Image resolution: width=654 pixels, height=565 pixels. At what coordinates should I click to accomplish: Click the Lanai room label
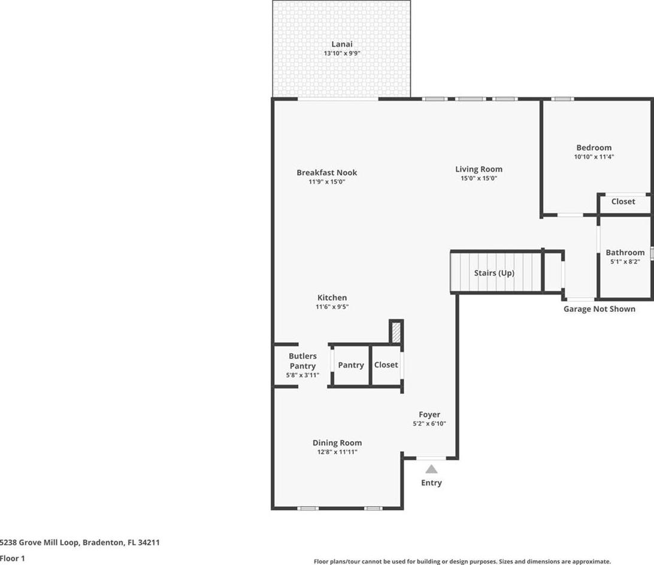(341, 44)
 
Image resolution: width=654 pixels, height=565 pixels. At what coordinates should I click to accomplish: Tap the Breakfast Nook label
(326, 172)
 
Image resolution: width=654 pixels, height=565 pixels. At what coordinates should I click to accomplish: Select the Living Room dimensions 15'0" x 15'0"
(479, 178)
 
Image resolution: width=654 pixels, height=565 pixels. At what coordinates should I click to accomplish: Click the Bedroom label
(594, 148)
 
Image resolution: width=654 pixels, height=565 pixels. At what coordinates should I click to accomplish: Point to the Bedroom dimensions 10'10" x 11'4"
(594, 157)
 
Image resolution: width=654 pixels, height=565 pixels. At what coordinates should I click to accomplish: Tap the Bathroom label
(625, 252)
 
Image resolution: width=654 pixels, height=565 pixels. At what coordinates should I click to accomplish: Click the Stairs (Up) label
(494, 273)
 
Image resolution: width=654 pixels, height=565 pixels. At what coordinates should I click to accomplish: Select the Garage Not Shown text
(599, 309)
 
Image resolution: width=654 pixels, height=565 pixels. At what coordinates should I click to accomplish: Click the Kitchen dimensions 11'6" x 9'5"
(332, 307)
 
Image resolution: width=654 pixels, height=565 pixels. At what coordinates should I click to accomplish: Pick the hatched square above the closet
(396, 332)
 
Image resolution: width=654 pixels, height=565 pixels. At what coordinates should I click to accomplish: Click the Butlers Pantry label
(302, 361)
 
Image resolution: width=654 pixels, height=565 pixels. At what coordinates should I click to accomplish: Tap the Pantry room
(351, 365)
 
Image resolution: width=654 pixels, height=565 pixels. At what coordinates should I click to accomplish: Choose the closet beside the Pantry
(386, 365)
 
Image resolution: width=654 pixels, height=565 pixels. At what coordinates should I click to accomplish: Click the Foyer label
(429, 414)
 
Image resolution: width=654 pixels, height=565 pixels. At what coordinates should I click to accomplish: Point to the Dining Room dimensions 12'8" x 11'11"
(337, 452)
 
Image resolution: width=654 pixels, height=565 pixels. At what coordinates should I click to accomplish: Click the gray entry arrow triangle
(431, 469)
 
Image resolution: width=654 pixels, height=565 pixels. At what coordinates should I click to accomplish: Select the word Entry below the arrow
(431, 483)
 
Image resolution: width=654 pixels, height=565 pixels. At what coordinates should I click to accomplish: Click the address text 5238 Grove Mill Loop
(39, 542)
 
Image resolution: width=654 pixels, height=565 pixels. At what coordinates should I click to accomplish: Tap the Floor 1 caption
(13, 558)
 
